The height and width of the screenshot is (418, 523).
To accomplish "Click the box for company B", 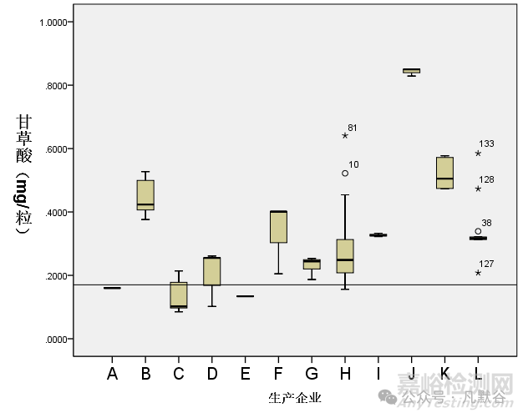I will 145,194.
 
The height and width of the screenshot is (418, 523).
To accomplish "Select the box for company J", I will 411,71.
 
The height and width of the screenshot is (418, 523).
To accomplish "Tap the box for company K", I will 444,173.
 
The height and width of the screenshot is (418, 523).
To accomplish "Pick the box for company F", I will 278,227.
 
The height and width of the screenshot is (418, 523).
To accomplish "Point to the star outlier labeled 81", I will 344,135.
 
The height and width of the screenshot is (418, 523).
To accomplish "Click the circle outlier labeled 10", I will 345,174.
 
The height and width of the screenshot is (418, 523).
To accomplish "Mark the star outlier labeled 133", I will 478,153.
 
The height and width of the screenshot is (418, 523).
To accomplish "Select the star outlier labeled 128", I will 478,189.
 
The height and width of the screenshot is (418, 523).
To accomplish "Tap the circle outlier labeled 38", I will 478,231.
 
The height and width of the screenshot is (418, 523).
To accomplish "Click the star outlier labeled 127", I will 478,273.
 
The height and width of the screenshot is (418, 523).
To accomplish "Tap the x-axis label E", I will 245,375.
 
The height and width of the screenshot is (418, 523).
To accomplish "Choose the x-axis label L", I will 478,375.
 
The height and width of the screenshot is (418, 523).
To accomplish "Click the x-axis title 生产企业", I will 295,398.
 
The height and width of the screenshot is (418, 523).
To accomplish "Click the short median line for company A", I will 112,288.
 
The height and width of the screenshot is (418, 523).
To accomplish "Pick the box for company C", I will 179,295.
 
